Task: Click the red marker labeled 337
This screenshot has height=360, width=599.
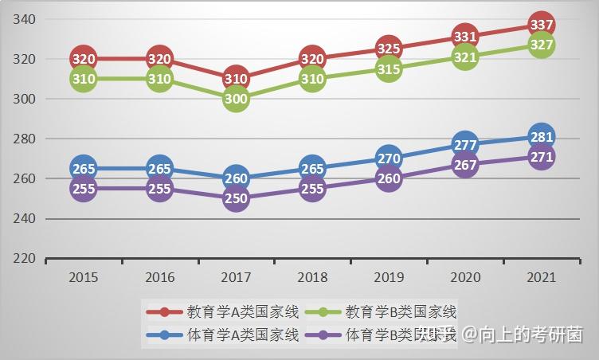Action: pos(542,25)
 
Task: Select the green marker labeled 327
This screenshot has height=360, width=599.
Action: pos(542,45)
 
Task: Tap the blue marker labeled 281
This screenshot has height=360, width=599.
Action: pos(542,137)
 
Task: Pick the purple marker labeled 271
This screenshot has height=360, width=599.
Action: pos(542,157)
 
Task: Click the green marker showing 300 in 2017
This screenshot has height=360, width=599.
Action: pos(236,99)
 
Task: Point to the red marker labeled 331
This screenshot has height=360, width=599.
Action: pos(465,37)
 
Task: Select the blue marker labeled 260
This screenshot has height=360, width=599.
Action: pos(236,178)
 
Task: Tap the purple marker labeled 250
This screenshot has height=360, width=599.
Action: pos(236,198)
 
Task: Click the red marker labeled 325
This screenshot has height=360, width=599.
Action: pos(389,49)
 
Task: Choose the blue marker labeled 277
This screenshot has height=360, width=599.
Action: pos(465,145)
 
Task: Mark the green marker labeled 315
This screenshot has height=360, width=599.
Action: pos(389,69)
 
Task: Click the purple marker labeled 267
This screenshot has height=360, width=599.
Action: pos(465,165)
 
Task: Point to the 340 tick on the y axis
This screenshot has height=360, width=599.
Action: pos(25,19)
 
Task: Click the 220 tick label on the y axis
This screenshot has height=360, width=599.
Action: pos(25,259)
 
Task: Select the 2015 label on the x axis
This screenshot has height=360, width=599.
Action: pos(84,277)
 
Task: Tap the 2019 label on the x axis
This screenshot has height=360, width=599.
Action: pos(389,277)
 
